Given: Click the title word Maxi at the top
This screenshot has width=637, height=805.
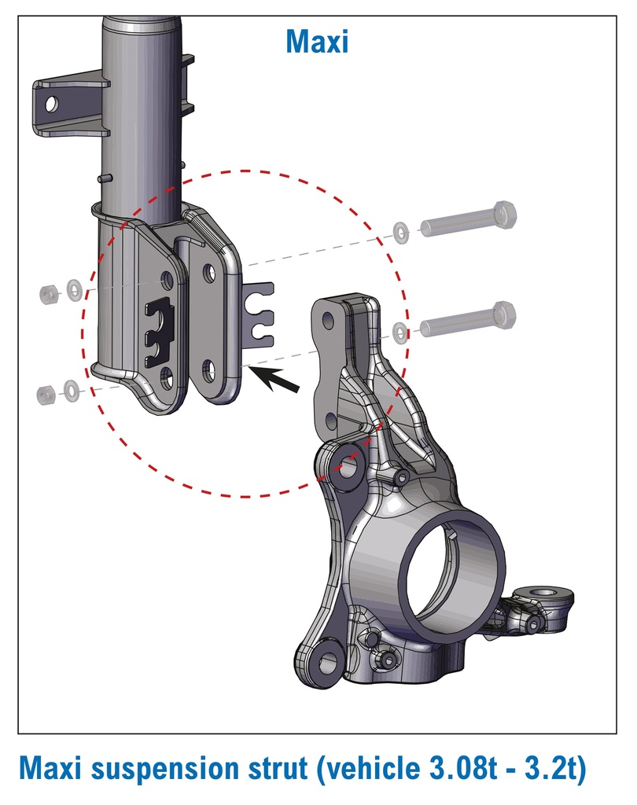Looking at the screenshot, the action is pos(317,41).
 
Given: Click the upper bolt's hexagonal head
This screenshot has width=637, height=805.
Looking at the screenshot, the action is pos(504,215).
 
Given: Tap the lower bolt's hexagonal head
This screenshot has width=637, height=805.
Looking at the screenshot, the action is pos(503,315).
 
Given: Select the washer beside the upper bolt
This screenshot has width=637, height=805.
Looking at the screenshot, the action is pos(401,232).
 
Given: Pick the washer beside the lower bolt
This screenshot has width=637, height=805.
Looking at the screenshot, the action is pos(400,333).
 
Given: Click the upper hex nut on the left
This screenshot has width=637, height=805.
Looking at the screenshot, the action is pos(49,293).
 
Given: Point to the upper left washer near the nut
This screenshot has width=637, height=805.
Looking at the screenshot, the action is pos(75,291).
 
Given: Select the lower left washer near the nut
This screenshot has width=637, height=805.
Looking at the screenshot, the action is pos(72,391).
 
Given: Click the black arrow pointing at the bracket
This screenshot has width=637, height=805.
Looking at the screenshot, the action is pos(276,380).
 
